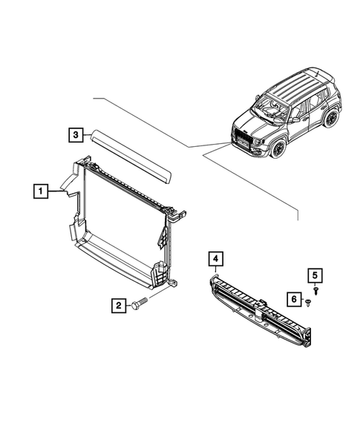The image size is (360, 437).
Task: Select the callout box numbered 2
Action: coord(117,304)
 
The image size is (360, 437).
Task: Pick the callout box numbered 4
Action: coord(214,258)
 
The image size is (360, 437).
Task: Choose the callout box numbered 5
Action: coord(315,275)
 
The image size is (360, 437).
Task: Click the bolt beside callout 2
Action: coord(141,303)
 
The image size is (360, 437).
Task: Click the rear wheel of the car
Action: coord(331,118)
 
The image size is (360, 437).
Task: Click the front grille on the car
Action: coord(243,139)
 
